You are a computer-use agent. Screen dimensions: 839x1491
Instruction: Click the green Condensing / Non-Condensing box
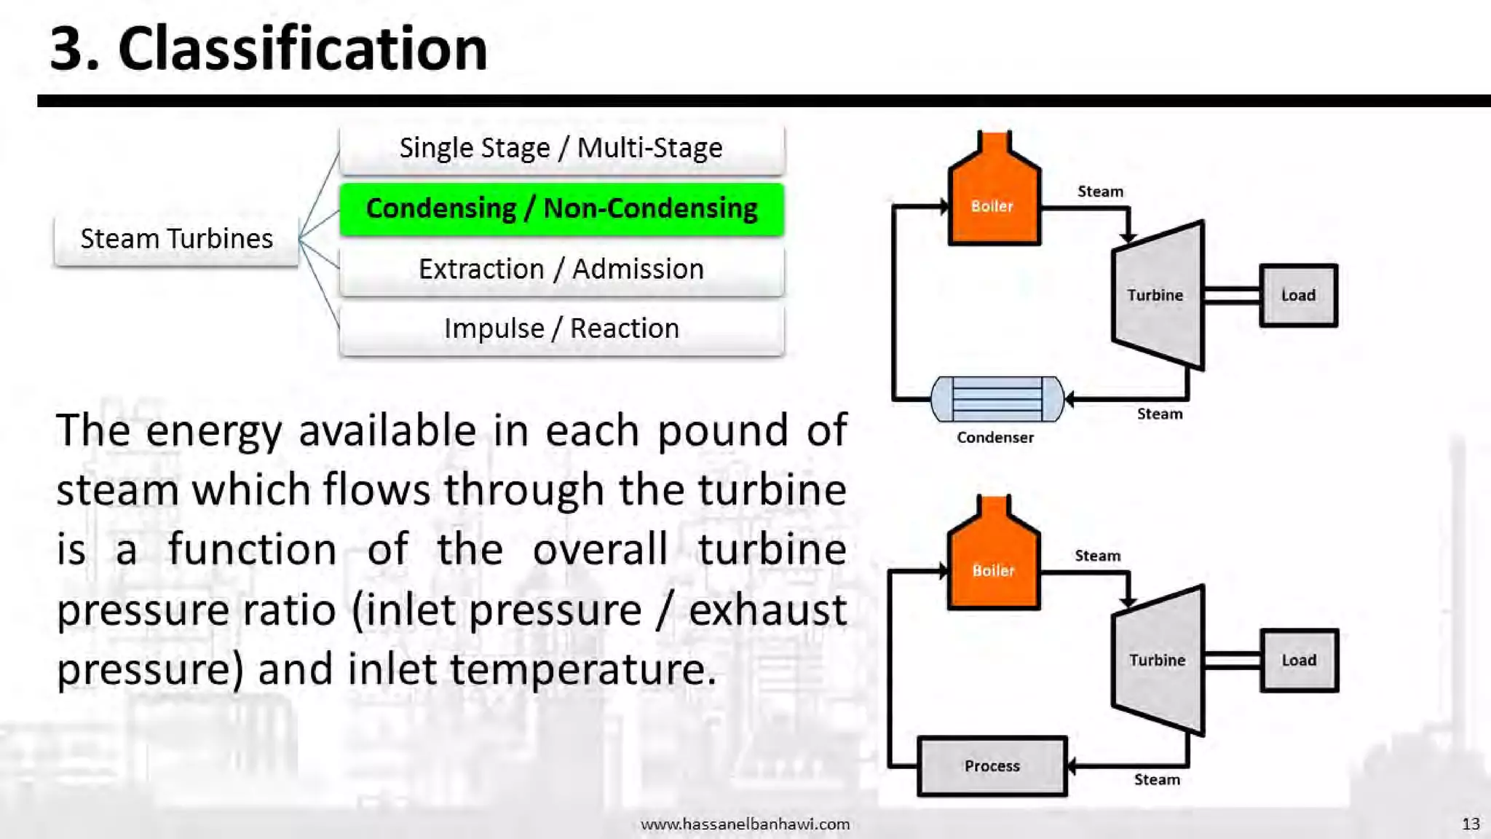pyautogui.click(x=561, y=209)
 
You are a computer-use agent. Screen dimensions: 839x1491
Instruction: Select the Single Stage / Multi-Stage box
pyautogui.click(x=561, y=149)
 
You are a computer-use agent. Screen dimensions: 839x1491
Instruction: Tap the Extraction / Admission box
pyautogui.click(x=561, y=269)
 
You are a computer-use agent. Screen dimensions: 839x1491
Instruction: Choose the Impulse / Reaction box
pyautogui.click(x=561, y=329)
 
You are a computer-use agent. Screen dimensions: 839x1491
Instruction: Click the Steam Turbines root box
pyautogui.click(x=176, y=239)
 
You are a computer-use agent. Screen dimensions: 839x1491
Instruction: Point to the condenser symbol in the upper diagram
pyautogui.click(x=997, y=398)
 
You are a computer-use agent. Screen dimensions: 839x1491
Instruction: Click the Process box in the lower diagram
pyautogui.click(x=992, y=766)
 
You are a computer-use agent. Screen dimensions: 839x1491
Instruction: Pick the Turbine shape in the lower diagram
pyautogui.click(x=1158, y=660)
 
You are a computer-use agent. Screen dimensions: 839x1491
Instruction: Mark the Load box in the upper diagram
pyautogui.click(x=1298, y=295)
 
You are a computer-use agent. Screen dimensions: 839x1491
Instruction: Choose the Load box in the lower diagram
pyautogui.click(x=1299, y=660)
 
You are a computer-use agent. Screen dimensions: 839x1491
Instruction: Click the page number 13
pyautogui.click(x=1471, y=824)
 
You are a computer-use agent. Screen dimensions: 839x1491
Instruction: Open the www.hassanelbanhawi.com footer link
pyautogui.click(x=745, y=824)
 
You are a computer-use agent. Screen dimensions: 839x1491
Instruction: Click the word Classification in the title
pyautogui.click(x=302, y=49)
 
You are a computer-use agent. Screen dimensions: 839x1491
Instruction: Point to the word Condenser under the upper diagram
pyautogui.click(x=994, y=438)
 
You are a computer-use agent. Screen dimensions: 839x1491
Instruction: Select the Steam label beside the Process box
pyautogui.click(x=1157, y=780)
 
